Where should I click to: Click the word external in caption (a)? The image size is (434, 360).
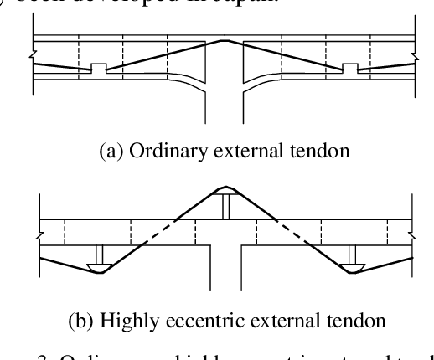240,153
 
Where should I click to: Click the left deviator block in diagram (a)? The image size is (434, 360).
99,67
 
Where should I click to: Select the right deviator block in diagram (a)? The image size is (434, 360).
350,67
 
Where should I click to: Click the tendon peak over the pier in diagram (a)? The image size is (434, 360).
225,40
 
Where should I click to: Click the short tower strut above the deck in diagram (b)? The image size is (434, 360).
225,206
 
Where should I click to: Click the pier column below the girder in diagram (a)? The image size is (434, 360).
225,105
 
